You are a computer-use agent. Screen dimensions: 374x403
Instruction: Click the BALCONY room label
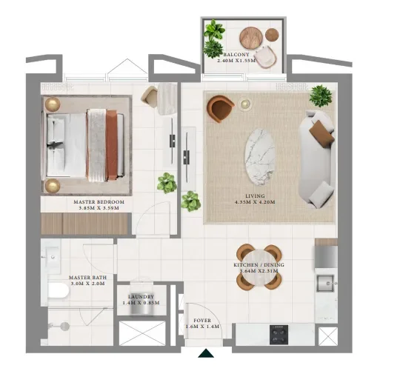[x=236, y=53]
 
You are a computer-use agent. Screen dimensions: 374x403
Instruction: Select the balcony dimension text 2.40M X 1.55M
[x=236, y=61]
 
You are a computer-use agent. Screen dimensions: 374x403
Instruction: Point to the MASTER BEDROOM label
[x=99, y=201]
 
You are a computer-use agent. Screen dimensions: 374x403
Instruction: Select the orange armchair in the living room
[x=220, y=109]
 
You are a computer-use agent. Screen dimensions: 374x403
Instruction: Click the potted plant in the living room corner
[x=321, y=95]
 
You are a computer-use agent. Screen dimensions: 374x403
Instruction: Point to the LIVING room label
[x=254, y=196]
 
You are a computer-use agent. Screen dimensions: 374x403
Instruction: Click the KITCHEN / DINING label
[x=259, y=264]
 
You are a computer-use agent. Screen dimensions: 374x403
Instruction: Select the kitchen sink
[x=326, y=283]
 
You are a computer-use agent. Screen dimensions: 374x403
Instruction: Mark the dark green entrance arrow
[x=206, y=354]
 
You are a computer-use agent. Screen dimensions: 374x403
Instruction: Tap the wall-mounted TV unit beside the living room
[x=186, y=158]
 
